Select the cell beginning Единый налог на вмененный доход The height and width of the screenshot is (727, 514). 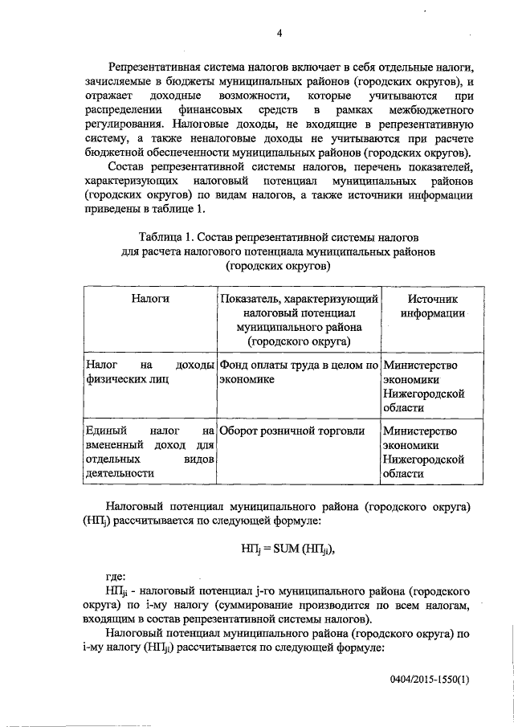tap(149, 451)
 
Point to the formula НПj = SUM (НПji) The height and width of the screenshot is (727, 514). tap(285, 549)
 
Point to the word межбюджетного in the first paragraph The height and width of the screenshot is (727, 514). tap(434, 108)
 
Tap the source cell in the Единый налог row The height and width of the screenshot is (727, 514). tap(423, 451)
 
